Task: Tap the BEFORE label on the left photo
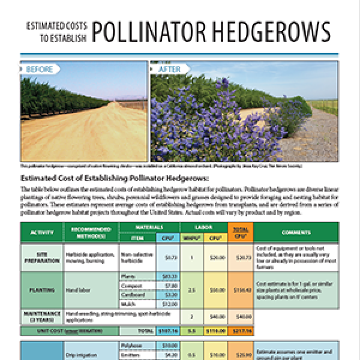[x=39, y=70]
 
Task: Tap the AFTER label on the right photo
[x=169, y=70]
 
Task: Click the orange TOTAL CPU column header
[x=240, y=232]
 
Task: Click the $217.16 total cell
[x=240, y=331]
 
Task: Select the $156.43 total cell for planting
[x=240, y=290]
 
